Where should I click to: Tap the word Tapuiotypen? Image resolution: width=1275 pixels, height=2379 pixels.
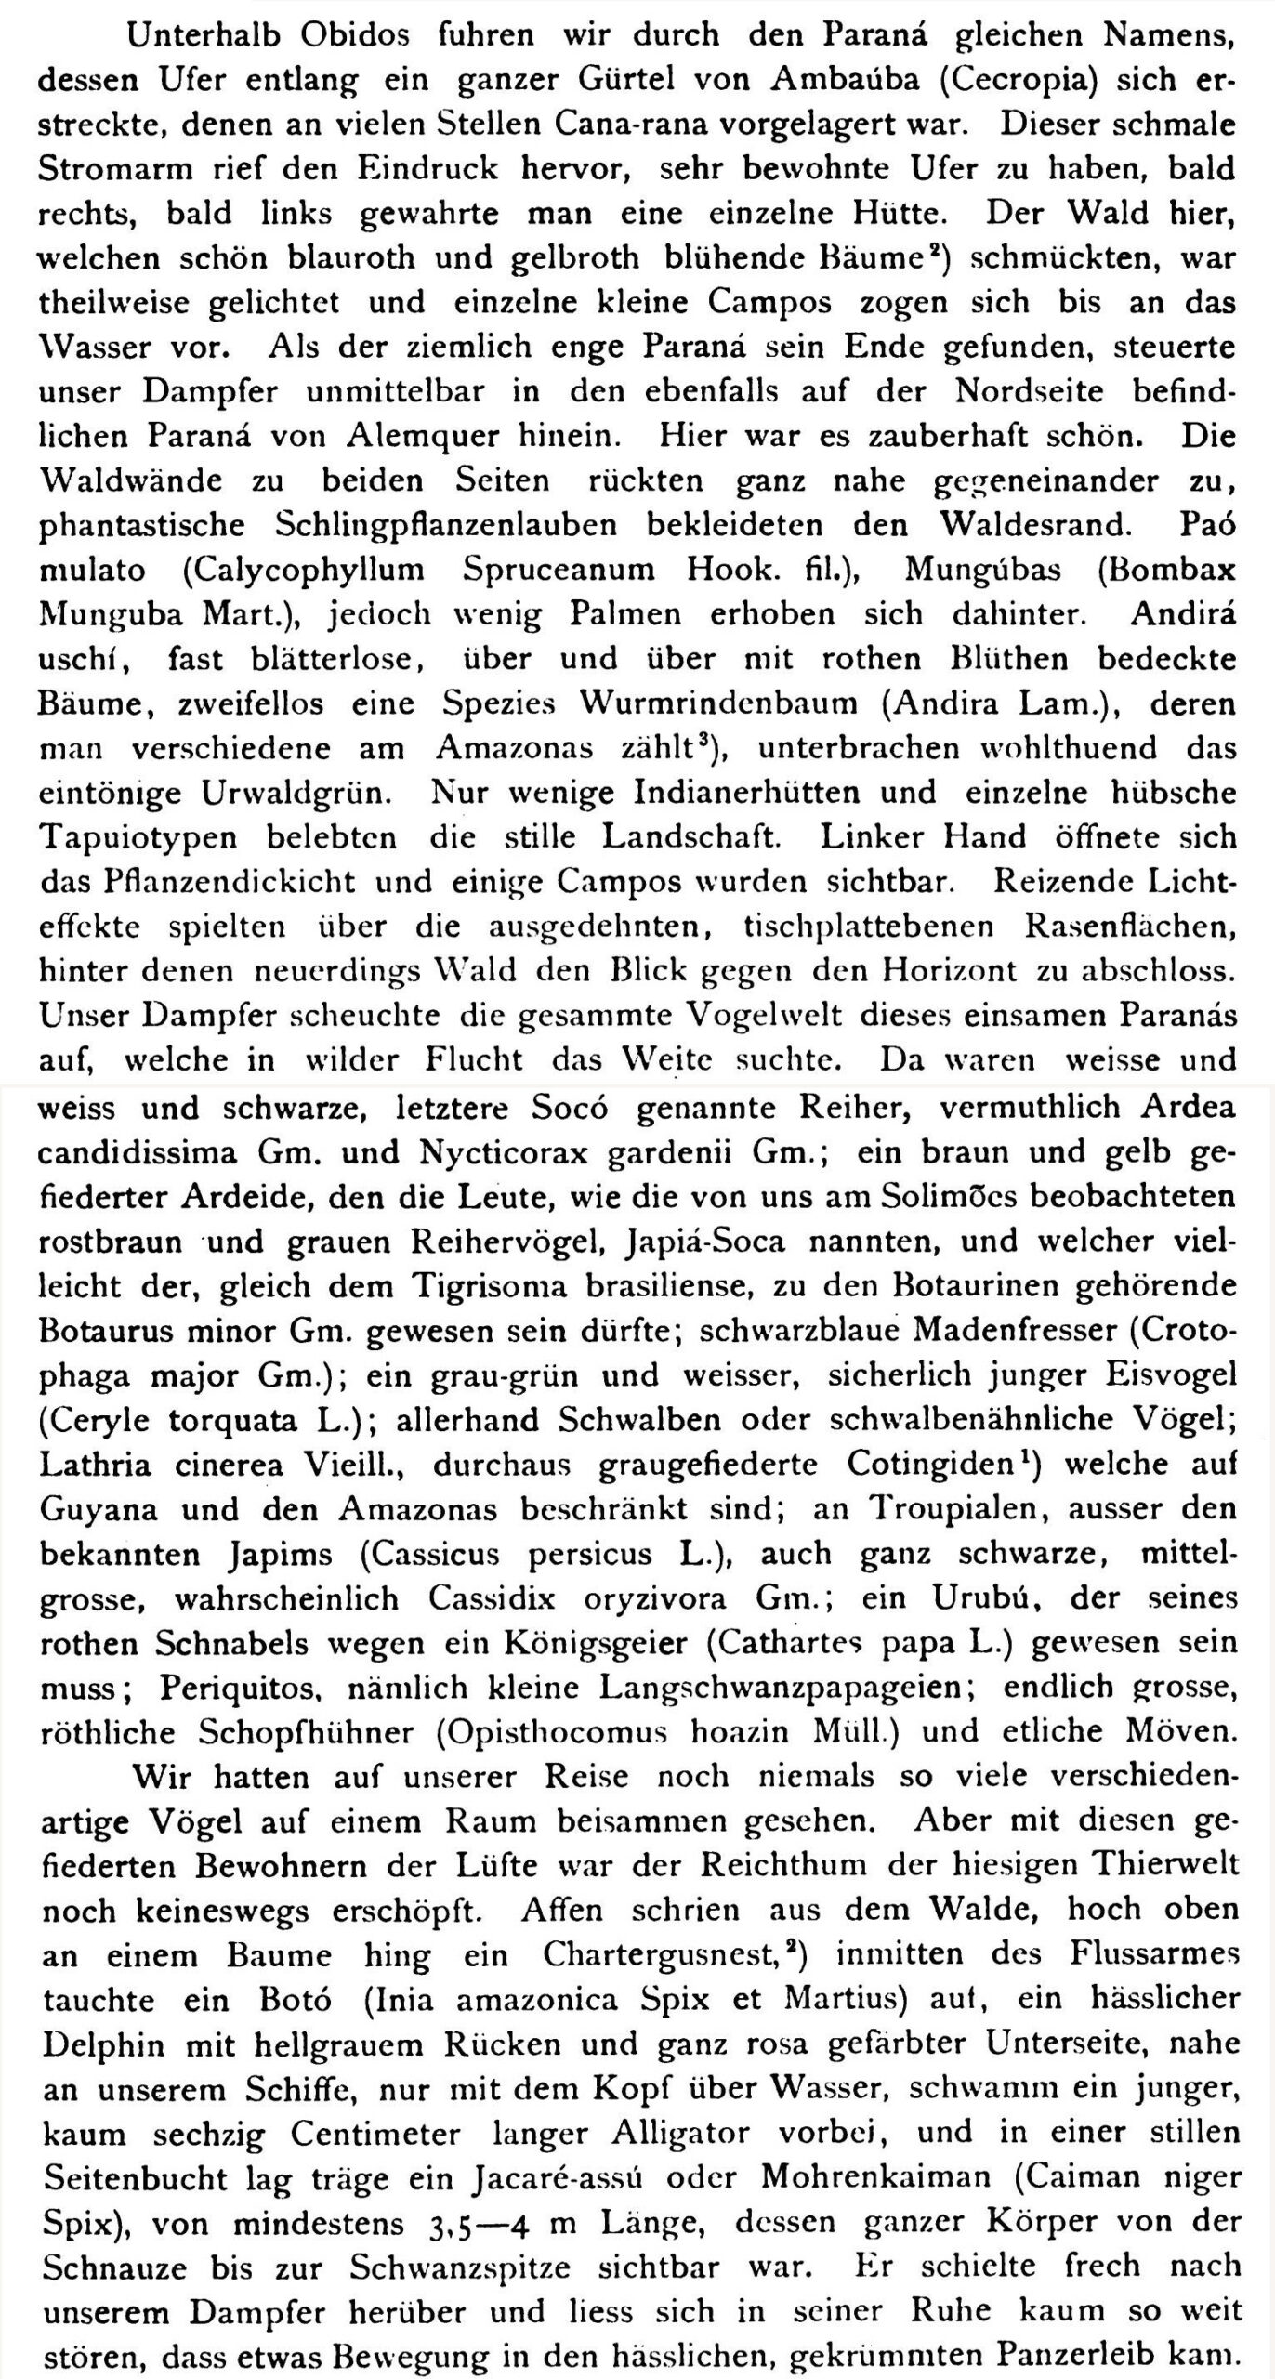pos(139,837)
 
